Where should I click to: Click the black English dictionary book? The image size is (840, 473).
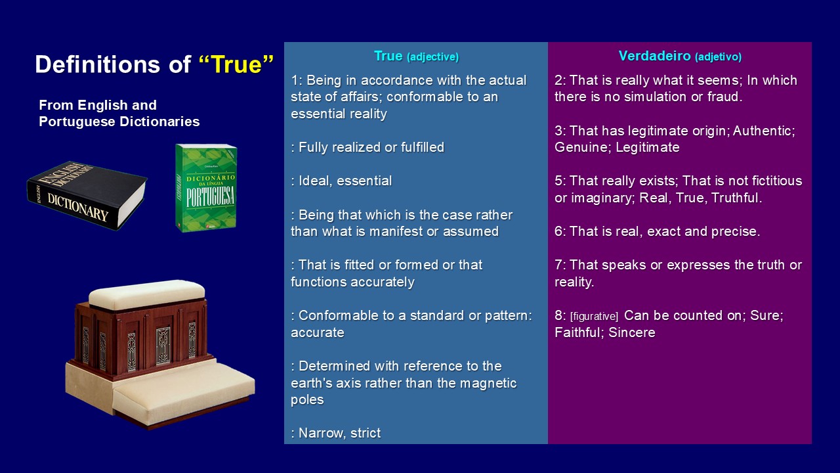[x=87, y=195]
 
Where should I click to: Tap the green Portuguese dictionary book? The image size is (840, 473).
[x=206, y=188]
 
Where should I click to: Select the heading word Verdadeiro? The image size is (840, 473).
[x=654, y=56]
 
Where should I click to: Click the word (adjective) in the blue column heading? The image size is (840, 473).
[x=432, y=57]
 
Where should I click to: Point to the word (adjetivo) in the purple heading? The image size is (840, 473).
[x=718, y=57]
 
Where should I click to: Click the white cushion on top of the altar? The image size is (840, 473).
[x=146, y=294]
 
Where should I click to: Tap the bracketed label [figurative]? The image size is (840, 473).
[x=594, y=317]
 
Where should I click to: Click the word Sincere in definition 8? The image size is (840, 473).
[x=631, y=332]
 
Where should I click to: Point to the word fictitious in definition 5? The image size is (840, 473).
[x=776, y=181]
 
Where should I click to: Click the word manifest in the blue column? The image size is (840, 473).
[x=396, y=231]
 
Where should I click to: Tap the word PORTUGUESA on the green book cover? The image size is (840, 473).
[x=211, y=196]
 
